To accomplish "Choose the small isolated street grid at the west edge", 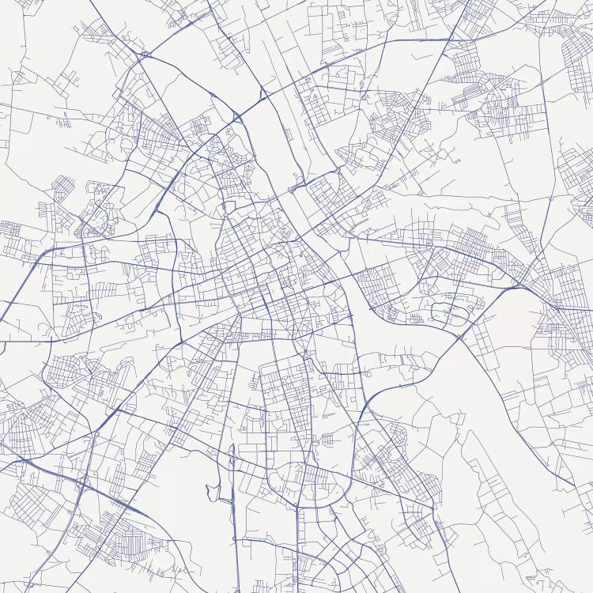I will [10, 229].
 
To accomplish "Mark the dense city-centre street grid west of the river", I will [261, 269].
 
